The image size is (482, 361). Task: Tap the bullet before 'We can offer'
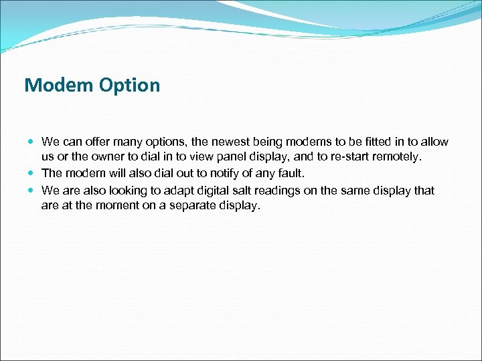point(32,142)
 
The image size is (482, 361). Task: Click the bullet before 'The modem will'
point(32,174)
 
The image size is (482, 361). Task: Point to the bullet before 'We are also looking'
point(32,191)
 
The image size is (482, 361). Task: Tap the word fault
point(289,174)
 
